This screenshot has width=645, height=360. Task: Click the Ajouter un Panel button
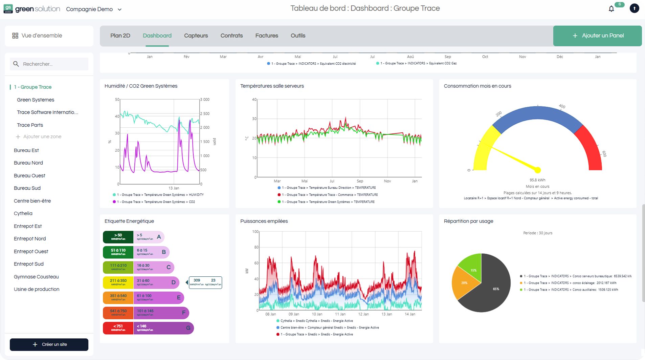point(597,36)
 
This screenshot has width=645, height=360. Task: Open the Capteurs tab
point(196,36)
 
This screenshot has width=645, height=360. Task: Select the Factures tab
point(266,36)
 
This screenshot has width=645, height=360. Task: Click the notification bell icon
point(611,9)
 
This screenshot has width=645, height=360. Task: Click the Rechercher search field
point(51,64)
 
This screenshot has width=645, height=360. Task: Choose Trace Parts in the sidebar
point(30,125)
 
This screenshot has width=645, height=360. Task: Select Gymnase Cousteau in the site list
point(36,277)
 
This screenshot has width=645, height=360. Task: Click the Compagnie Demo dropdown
point(94,9)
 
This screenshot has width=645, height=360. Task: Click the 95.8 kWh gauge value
point(537,180)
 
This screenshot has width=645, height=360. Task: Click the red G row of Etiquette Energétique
point(148,328)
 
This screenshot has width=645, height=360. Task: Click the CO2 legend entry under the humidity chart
point(154,202)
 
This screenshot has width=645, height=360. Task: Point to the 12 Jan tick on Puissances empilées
point(363,314)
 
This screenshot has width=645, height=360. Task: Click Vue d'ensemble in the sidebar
point(42,36)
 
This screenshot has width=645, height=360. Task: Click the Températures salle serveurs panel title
point(272,86)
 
